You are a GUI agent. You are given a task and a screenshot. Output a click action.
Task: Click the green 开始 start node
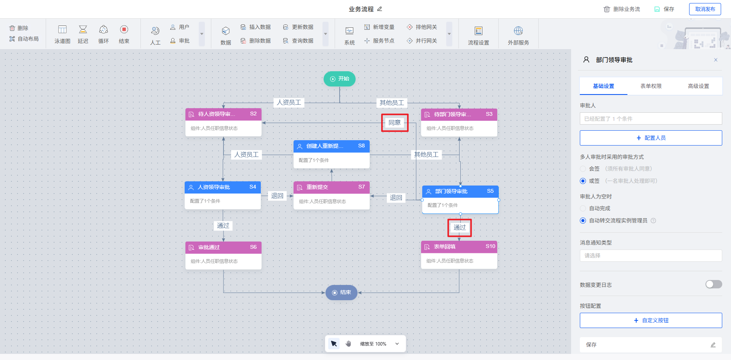[339, 79]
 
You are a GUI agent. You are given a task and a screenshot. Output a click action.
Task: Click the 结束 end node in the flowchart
[341, 293]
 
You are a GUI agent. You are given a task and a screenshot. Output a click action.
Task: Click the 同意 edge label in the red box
[394, 123]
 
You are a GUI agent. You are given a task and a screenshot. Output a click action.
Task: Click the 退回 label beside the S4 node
[277, 196]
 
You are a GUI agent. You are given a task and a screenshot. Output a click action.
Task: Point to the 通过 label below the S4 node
[223, 226]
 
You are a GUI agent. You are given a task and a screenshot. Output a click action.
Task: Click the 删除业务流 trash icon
[607, 9]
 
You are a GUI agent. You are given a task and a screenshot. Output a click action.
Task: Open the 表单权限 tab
[651, 86]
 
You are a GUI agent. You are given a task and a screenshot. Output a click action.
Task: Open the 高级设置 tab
[698, 86]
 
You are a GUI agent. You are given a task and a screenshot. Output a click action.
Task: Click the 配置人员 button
[651, 138]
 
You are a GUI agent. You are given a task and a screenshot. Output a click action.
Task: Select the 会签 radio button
[583, 169]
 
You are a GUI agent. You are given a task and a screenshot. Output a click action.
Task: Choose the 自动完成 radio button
[583, 208]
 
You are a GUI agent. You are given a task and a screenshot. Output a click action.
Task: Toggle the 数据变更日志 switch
[713, 284]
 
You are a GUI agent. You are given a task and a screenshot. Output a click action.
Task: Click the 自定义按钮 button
[651, 320]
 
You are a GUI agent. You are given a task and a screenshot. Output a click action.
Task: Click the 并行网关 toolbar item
[422, 41]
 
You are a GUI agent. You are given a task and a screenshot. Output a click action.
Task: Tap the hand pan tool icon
[348, 344]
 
